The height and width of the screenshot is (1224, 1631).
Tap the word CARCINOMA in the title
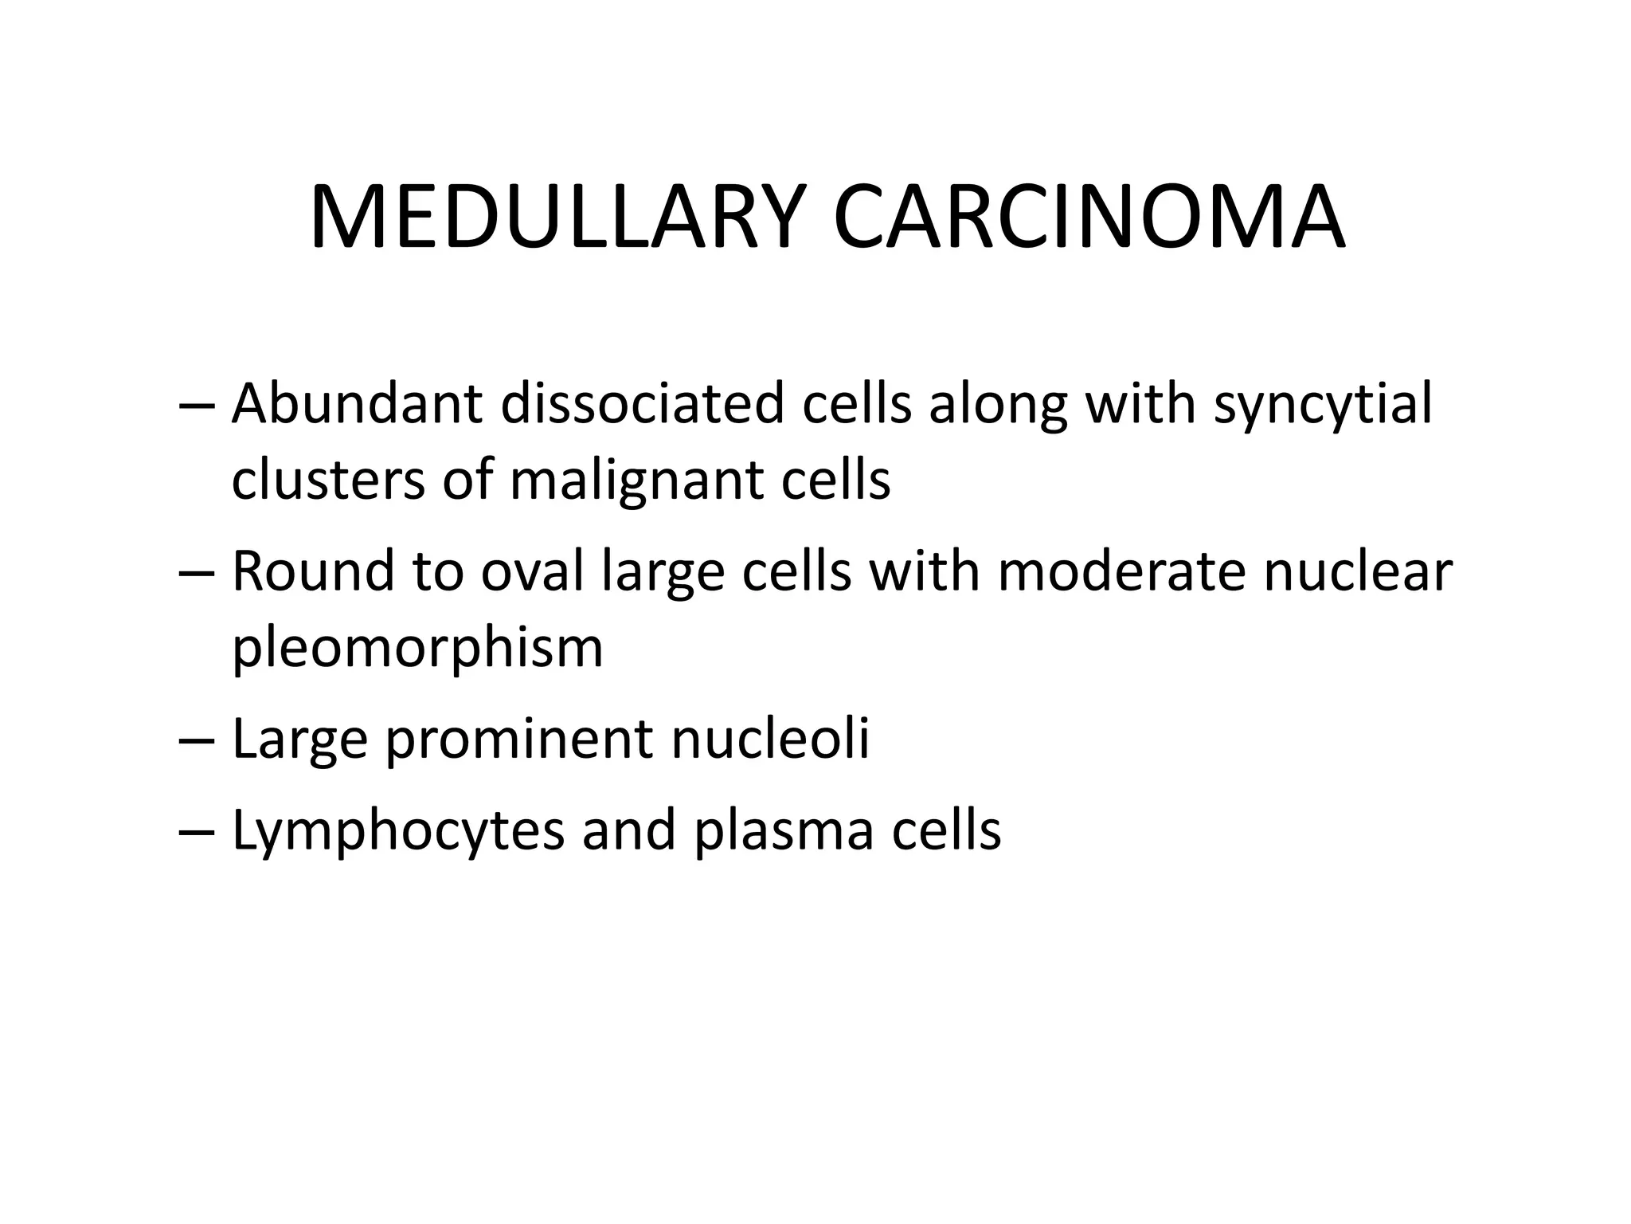(1089, 218)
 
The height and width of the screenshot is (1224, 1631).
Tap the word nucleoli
(770, 738)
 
